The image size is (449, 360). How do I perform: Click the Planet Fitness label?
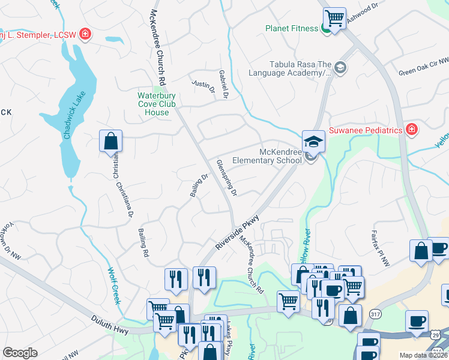(x=292, y=28)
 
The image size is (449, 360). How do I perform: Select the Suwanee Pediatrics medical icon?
(x=411, y=130)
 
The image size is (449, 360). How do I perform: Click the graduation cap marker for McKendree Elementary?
(x=313, y=142)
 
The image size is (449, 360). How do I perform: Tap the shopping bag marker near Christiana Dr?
(x=111, y=142)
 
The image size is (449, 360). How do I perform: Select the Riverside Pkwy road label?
(x=237, y=232)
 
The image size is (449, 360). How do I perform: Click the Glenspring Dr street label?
(x=227, y=178)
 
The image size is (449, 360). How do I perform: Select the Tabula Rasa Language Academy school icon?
(x=340, y=67)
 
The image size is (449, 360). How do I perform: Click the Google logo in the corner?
(x=20, y=353)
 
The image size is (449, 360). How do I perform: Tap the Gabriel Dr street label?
(x=224, y=83)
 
